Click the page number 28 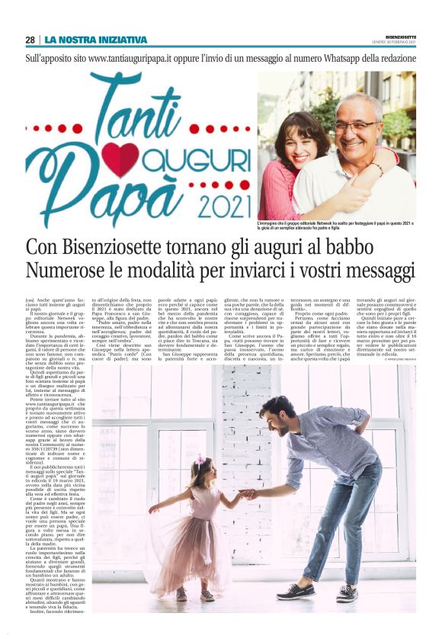click(x=30, y=40)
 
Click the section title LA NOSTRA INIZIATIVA click(x=95, y=40)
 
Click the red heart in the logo click(x=122, y=159)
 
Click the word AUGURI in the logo click(x=196, y=160)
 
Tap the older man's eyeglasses click(x=357, y=125)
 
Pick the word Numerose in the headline click(x=66, y=271)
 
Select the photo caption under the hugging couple click(x=335, y=226)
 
